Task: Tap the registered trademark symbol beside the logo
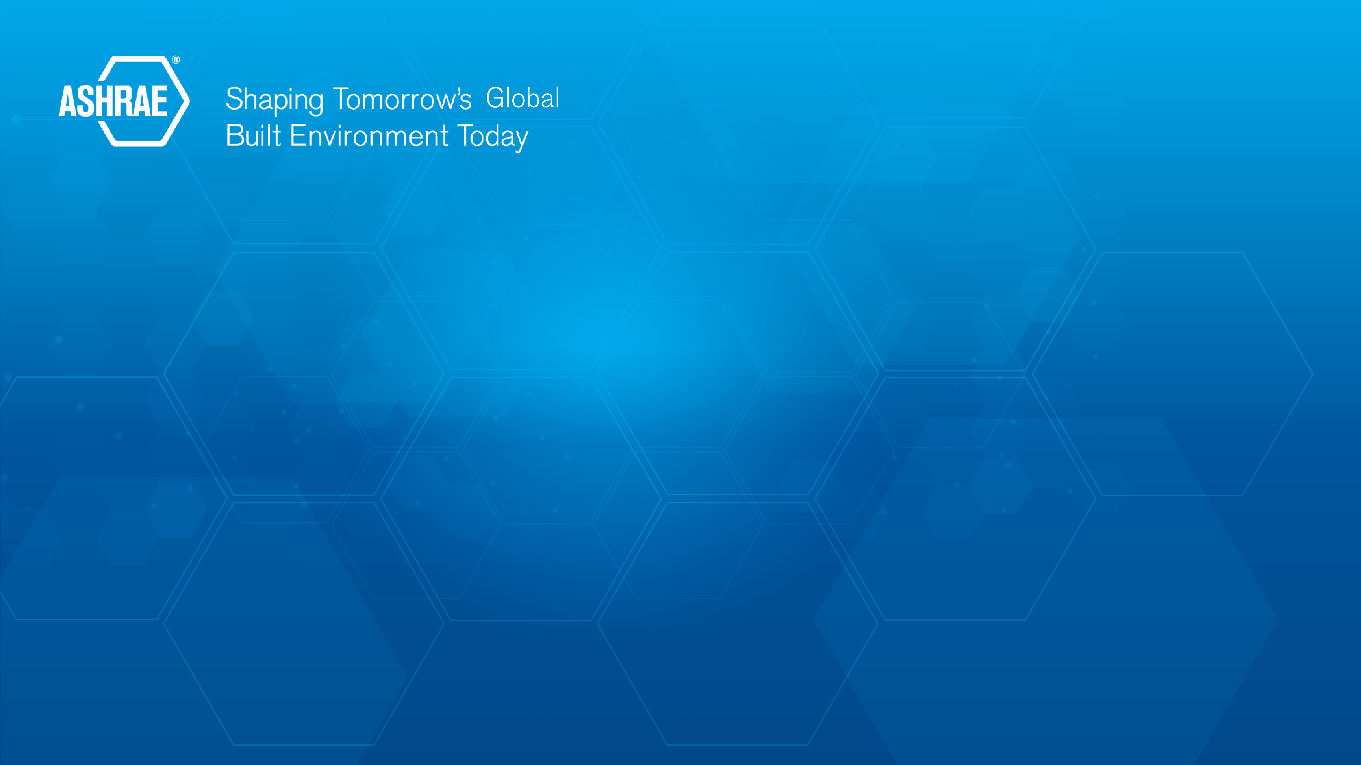pyautogui.click(x=176, y=60)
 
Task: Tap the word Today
pyautogui.click(x=492, y=137)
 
